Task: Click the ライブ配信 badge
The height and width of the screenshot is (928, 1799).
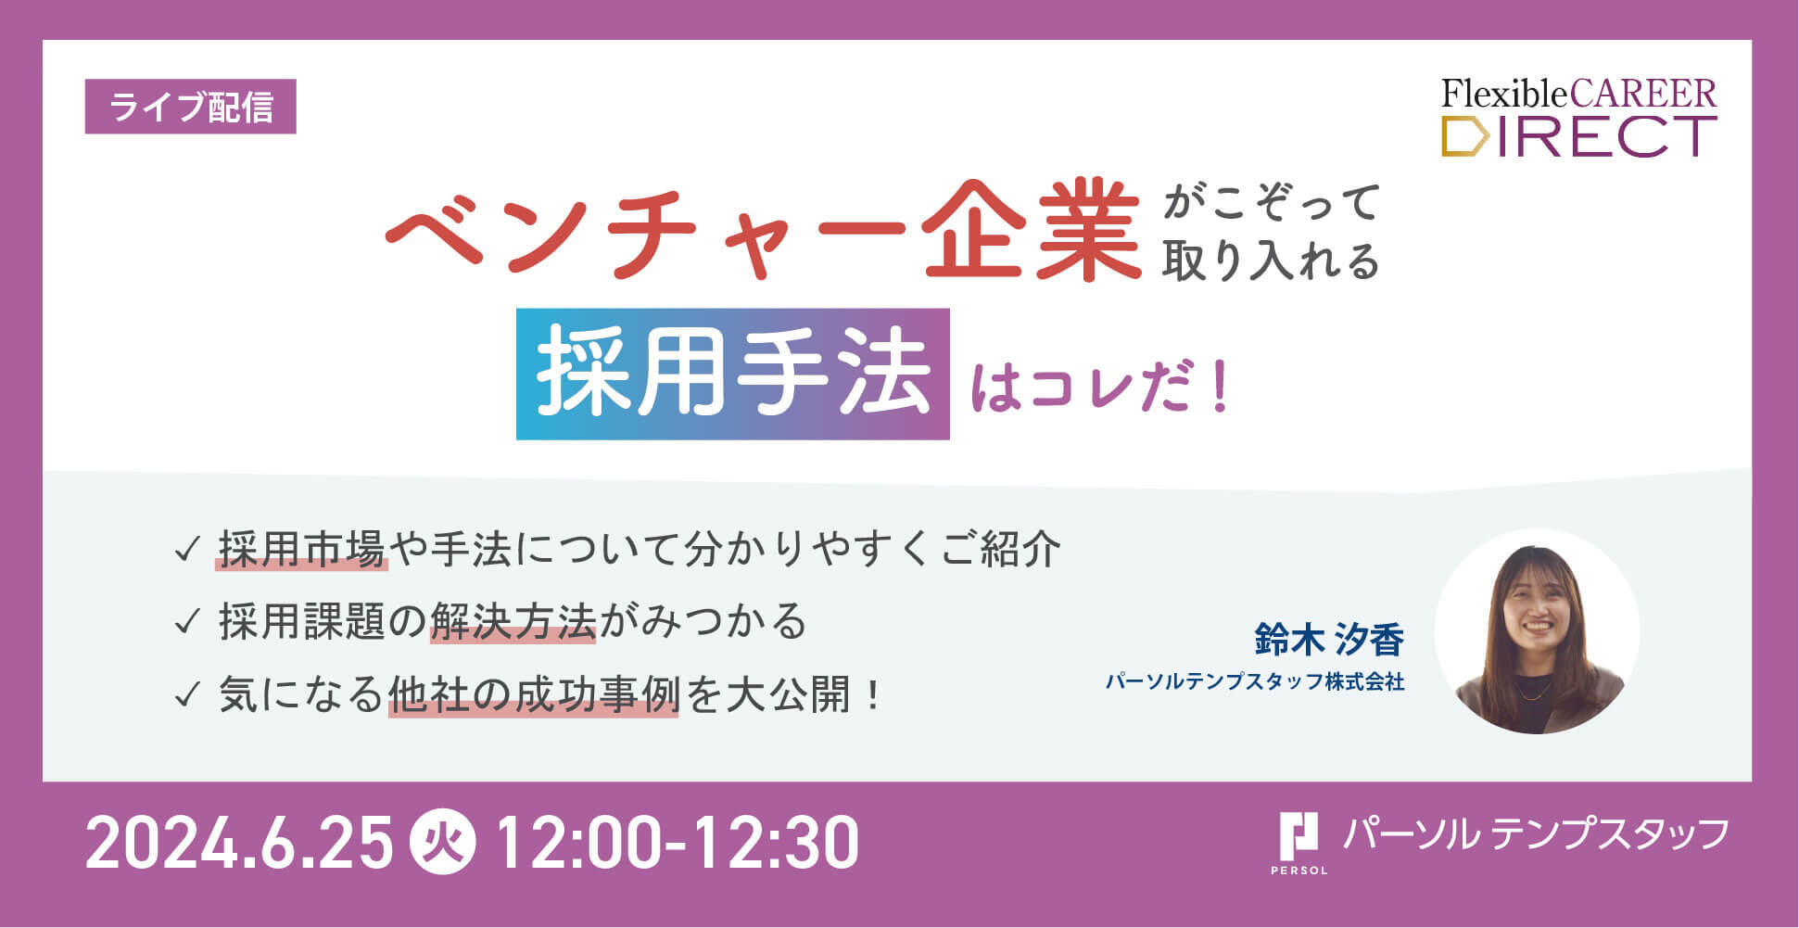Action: point(190,107)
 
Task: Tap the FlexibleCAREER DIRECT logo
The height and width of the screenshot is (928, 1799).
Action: point(1578,118)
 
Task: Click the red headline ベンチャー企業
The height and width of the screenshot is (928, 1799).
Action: point(763,230)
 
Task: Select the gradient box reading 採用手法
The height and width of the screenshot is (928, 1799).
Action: point(732,374)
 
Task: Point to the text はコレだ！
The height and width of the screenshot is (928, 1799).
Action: point(1100,386)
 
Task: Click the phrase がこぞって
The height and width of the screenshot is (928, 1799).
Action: point(1271,203)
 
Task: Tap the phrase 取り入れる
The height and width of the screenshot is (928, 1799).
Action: point(1271,261)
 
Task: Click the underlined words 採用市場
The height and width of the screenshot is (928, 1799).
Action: point(301,550)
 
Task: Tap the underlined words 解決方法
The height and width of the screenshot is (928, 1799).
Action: point(513,622)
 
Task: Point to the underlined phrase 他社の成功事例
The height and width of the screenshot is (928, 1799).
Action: point(533,694)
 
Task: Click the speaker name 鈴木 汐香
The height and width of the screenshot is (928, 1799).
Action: point(1329,640)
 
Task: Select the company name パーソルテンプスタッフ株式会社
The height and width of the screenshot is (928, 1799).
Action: point(1255,682)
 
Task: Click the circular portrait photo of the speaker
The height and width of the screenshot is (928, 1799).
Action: point(1538,632)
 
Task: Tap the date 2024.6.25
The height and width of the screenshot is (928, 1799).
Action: point(239,843)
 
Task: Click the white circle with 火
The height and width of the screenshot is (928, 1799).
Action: point(444,843)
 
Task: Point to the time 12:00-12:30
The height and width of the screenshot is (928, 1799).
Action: point(678,843)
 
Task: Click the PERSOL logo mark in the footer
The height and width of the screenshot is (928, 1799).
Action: point(1299,842)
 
